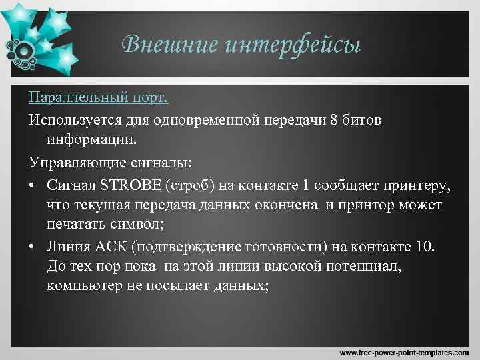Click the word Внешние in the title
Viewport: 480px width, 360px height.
169,45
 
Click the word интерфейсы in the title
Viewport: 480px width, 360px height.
293,45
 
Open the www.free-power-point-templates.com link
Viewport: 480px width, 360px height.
404,351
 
